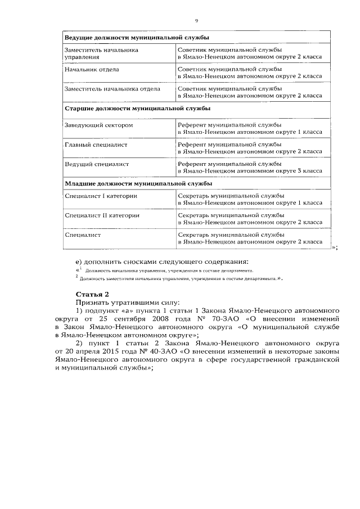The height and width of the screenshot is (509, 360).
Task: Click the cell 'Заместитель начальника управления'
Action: [x=101, y=53]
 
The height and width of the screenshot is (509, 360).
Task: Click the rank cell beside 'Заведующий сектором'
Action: [x=250, y=128]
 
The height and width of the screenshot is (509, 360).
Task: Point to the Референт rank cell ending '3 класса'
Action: [x=250, y=168]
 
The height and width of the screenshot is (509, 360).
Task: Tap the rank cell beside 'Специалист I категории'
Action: [x=250, y=199]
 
